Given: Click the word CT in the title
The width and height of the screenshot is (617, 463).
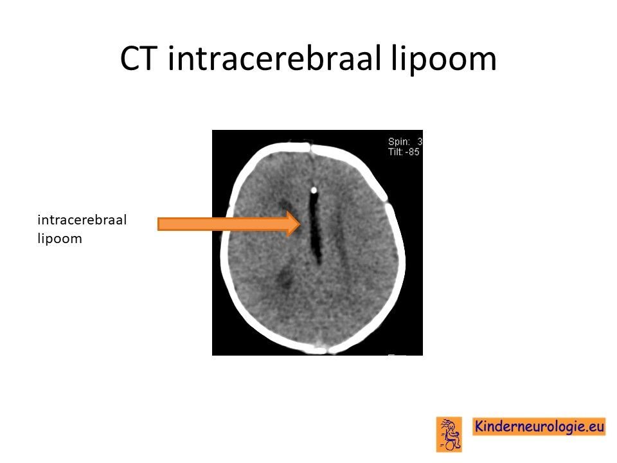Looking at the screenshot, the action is (x=136, y=59).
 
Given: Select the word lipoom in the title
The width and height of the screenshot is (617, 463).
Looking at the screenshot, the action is (x=443, y=60).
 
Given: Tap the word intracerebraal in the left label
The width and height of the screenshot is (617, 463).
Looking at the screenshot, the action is (x=82, y=220).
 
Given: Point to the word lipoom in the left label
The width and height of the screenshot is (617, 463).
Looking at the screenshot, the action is (x=60, y=239).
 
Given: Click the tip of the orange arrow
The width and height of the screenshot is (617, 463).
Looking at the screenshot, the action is (x=301, y=224).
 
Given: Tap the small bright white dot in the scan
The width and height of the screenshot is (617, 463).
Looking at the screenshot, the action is (x=314, y=190).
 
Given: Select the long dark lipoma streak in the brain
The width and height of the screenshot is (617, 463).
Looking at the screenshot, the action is (x=315, y=228).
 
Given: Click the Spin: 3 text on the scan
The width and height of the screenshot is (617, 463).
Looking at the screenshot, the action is (x=405, y=141).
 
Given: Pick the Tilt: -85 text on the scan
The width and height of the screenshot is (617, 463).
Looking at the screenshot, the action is (x=404, y=152).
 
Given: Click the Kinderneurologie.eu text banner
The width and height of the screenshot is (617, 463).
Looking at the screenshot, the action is (x=539, y=426).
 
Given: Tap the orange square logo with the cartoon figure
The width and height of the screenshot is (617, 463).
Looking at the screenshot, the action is (x=449, y=434).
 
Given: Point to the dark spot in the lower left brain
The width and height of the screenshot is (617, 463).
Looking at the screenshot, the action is (x=283, y=278).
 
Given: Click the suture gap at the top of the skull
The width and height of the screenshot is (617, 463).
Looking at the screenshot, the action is (x=310, y=148).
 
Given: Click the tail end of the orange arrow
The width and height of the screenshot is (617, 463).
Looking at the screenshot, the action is (x=158, y=224).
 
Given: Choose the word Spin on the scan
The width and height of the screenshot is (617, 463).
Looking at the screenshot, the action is (x=398, y=142).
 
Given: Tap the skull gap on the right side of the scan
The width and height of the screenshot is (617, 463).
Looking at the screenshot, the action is (x=386, y=200).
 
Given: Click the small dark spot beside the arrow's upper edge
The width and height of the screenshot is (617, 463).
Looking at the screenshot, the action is (x=284, y=206).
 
